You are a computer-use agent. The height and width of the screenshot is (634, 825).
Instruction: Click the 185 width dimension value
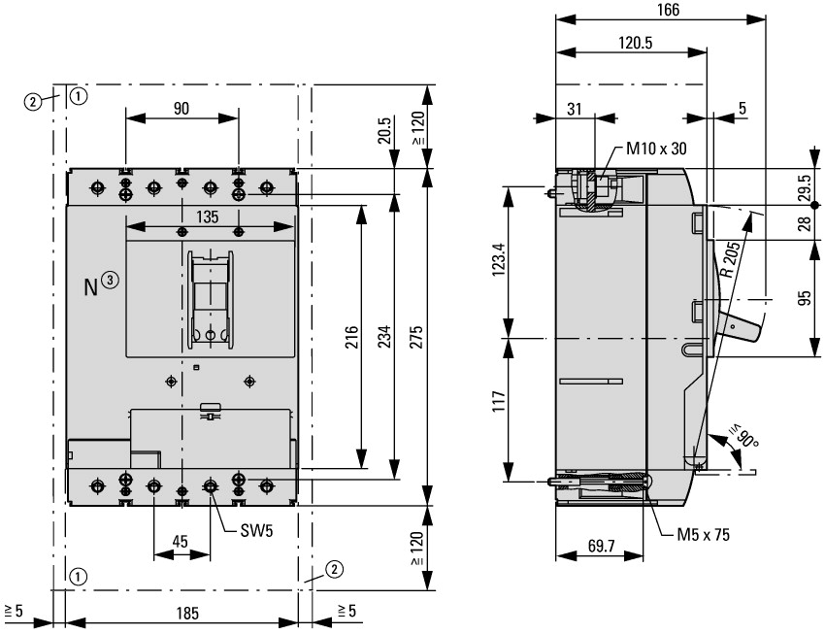187,613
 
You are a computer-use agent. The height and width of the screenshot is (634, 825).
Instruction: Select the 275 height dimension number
415,337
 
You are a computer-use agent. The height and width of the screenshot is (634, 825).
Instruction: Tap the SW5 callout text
257,530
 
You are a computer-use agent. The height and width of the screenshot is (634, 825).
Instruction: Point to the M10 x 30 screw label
656,149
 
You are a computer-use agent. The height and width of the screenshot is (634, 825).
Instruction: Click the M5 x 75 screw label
703,535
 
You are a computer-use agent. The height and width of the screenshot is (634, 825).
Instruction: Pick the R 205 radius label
730,259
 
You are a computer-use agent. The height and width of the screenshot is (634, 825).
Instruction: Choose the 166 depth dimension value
668,10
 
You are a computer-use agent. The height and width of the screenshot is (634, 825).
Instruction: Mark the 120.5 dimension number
635,43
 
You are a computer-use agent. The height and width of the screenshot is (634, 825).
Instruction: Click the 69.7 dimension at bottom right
602,546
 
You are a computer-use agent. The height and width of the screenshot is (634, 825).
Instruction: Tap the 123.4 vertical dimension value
499,259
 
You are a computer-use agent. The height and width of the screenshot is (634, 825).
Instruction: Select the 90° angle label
744,436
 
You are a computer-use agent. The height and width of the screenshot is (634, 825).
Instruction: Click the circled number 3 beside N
110,280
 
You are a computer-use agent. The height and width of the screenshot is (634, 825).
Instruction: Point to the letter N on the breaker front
91,287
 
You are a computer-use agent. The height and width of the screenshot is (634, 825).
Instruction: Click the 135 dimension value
208,217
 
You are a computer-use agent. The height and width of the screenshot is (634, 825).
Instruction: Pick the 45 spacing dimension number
180,541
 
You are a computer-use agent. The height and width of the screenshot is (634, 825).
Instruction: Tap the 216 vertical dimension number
351,337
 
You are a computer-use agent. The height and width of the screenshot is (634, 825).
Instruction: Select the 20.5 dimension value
384,130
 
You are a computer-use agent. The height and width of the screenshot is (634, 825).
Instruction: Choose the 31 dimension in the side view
575,109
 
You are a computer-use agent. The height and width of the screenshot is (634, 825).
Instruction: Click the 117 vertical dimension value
499,401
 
